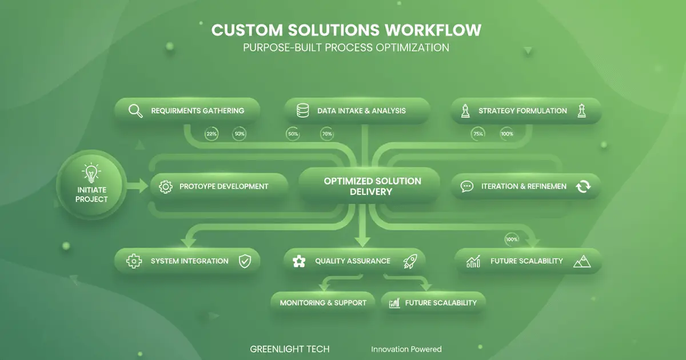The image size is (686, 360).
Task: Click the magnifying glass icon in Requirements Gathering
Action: pos(135,111)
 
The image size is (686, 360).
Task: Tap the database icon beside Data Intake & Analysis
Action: pos(302,111)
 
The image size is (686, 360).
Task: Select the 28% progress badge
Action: pos(212,134)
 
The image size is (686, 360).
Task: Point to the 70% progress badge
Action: pos(327,134)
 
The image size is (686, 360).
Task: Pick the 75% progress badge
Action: pos(478,134)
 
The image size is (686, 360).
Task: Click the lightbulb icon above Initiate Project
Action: pos(91,172)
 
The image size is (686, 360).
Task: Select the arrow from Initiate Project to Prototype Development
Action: pos(137,185)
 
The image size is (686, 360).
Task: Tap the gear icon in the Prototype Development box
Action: pos(166,186)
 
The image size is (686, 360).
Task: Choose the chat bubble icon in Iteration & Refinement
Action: pos(467,186)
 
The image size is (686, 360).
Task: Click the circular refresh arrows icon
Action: pos(583,186)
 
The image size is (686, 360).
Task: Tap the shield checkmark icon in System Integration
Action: pos(245,261)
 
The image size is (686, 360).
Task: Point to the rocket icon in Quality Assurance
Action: pos(409,261)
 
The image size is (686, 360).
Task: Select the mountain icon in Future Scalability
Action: pos(581,261)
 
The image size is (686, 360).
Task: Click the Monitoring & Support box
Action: pos(323,303)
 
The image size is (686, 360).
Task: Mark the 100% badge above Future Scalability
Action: pos(512,239)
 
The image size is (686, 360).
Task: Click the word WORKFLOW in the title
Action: pos(433,30)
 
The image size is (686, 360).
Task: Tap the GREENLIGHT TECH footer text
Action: pos(290,349)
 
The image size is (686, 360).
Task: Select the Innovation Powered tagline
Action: pos(406,349)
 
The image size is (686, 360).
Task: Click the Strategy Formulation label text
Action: pos(523,111)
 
